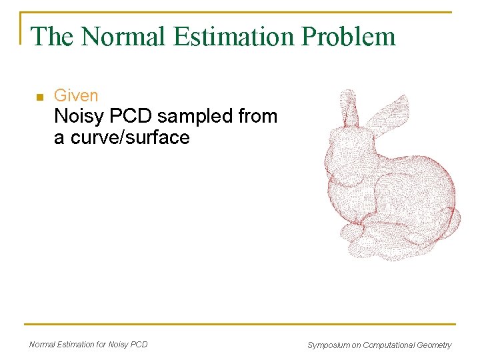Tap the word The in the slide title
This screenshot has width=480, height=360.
pos(53,36)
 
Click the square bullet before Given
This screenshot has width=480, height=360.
pos(39,97)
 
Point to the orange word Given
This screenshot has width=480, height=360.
pos(76,96)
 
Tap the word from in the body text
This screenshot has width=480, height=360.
pos(255,117)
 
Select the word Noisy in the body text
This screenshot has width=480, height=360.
pos(79,117)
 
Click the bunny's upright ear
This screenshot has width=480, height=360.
pos(348,109)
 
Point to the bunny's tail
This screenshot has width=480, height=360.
pos(450,220)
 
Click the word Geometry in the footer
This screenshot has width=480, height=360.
pos(433,345)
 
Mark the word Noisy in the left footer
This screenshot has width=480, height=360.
pos(118,345)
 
